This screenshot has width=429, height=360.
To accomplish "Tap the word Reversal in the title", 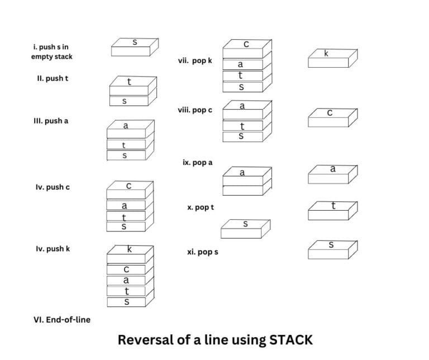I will pyautogui.click(x=143, y=339).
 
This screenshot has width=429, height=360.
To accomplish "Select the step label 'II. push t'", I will pyautogui.click(x=53, y=78).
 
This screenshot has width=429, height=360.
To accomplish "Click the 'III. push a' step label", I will pyautogui.click(x=51, y=120).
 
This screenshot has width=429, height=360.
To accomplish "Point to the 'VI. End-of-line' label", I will pyautogui.click(x=62, y=320).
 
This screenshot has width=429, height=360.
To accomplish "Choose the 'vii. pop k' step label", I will pyautogui.click(x=195, y=60).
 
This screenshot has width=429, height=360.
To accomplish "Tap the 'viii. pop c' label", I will pyautogui.click(x=195, y=110).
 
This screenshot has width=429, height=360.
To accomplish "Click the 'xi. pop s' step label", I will pyautogui.click(x=203, y=252).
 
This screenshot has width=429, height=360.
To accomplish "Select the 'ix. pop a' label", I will pyautogui.click(x=198, y=163).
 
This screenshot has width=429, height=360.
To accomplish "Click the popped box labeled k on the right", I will pyautogui.click(x=332, y=57).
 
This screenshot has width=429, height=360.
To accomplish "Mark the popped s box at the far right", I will pyautogui.click(x=332, y=248).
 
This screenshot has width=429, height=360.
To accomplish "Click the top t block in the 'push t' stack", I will pyautogui.click(x=130, y=85).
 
